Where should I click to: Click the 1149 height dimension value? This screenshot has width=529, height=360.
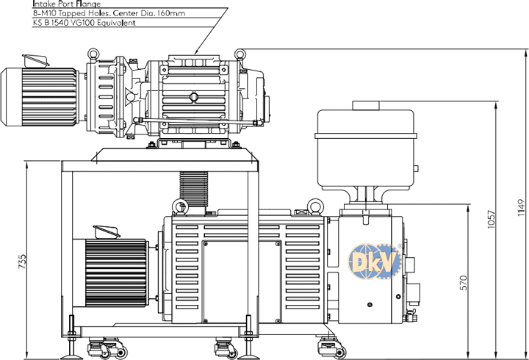pos(521,208)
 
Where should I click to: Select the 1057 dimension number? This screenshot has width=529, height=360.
pos(492,220)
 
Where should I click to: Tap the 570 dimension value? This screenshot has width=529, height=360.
pos(464,283)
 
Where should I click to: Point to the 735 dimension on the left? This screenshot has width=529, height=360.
pos(21,262)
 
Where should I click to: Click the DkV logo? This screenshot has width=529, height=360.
pos(375,262)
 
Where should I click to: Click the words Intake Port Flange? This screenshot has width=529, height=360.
pos(66,4)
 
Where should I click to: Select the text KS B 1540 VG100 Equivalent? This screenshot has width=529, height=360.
pos(84,23)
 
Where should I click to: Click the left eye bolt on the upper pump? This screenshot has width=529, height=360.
pos(93,54)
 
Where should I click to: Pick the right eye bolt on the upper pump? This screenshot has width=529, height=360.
pos(240,54)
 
